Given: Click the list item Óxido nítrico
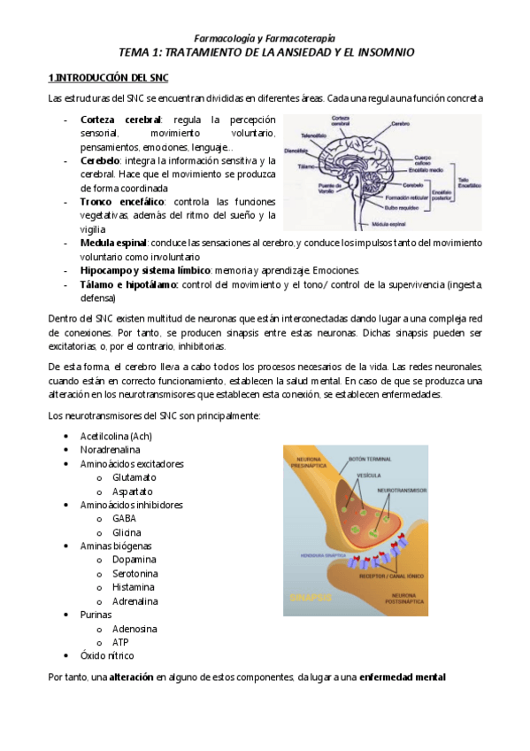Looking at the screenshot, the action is (106, 655).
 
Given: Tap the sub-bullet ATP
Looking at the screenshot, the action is (120, 642).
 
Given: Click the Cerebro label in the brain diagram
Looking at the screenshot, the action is (396, 124).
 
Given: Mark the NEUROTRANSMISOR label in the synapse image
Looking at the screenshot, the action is (401, 490).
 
